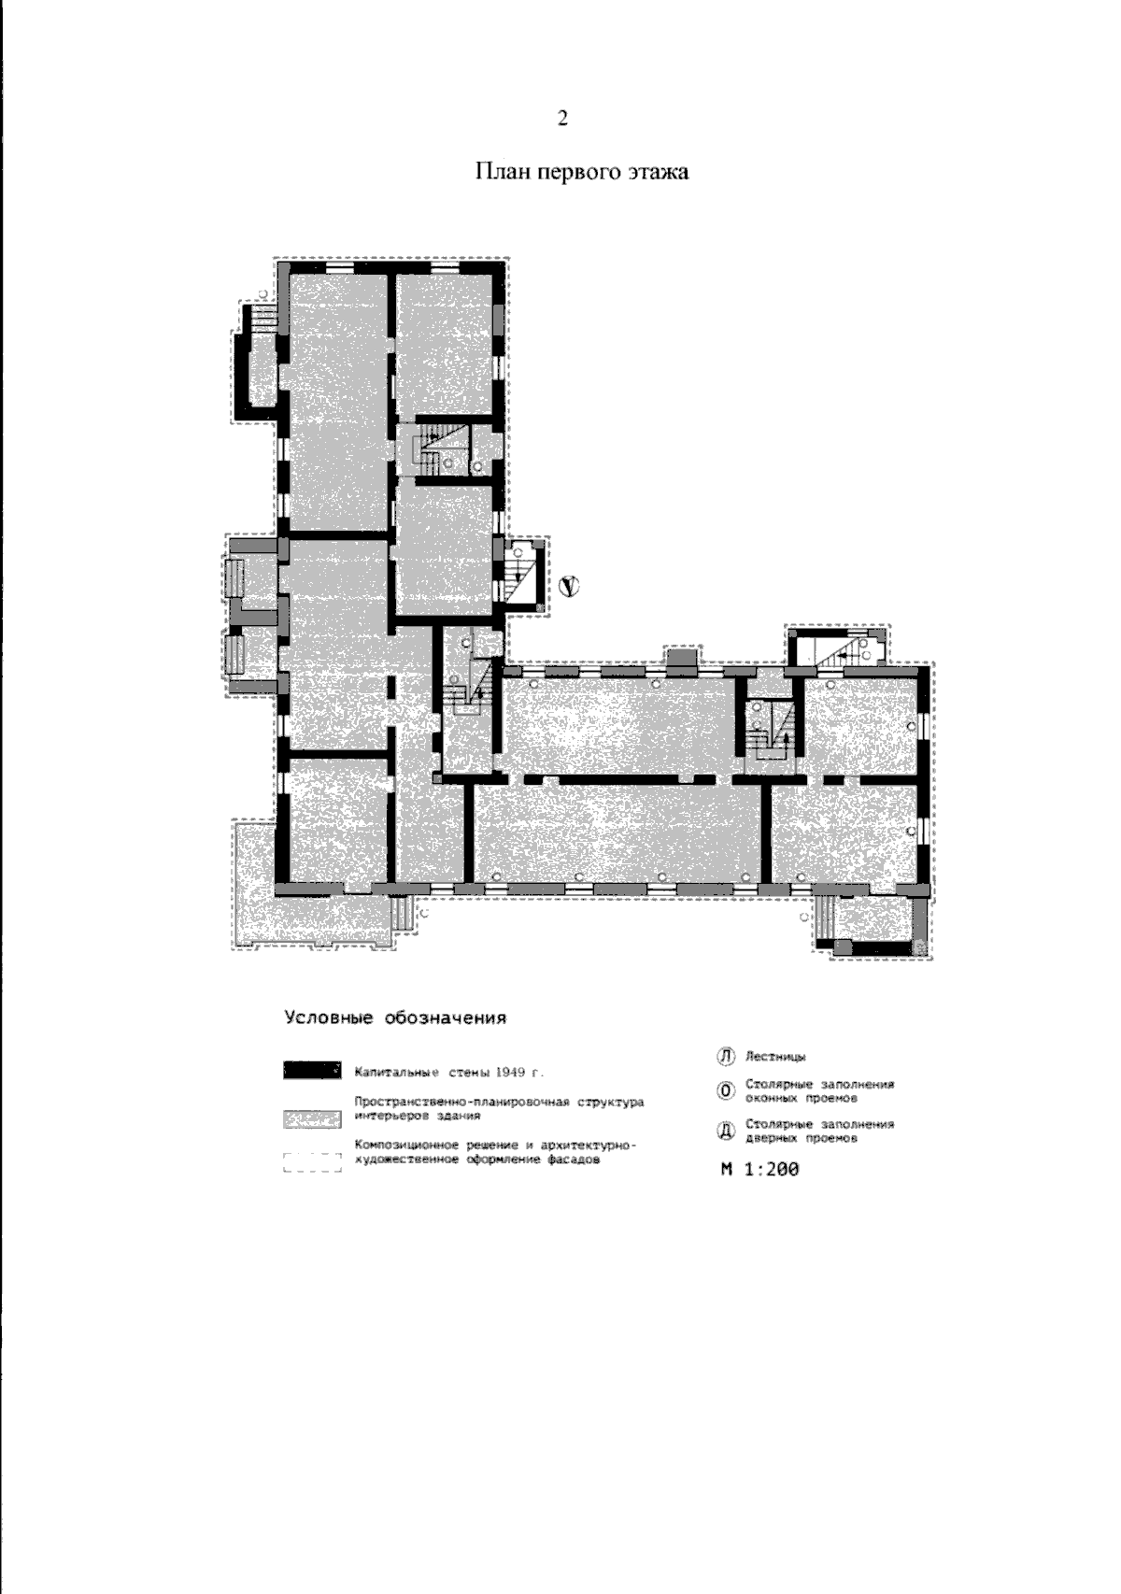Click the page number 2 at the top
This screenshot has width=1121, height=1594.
coord(562,119)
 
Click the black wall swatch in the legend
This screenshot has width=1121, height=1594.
coord(311,1070)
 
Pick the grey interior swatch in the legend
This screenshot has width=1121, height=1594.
coord(312,1119)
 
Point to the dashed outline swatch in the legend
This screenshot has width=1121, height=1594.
coord(312,1162)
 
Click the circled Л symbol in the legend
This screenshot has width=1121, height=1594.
coord(725,1057)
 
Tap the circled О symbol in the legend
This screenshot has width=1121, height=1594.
coord(725,1091)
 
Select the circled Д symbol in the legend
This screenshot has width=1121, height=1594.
coord(725,1131)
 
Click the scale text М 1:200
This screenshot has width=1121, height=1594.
coord(759,1169)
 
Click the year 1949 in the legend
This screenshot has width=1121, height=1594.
coord(510,1072)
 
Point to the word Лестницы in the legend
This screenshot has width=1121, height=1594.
coord(775,1058)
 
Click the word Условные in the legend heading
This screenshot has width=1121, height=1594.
coord(329,1018)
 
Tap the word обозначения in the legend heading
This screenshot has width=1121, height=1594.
coord(446,1018)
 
